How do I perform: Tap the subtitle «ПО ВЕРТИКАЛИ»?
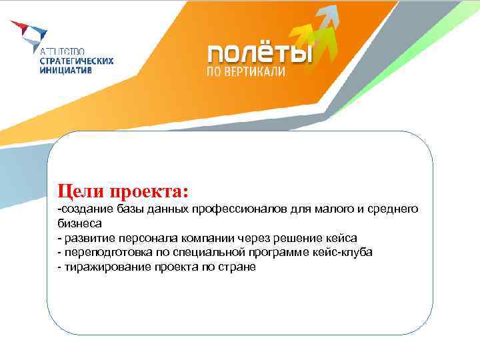(245, 71)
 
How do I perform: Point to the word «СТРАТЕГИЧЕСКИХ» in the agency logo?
(78, 60)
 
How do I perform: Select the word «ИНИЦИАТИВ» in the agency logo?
(67, 69)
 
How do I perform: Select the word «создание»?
(85, 209)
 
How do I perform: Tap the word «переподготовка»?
(99, 253)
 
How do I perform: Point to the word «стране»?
(230, 267)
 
